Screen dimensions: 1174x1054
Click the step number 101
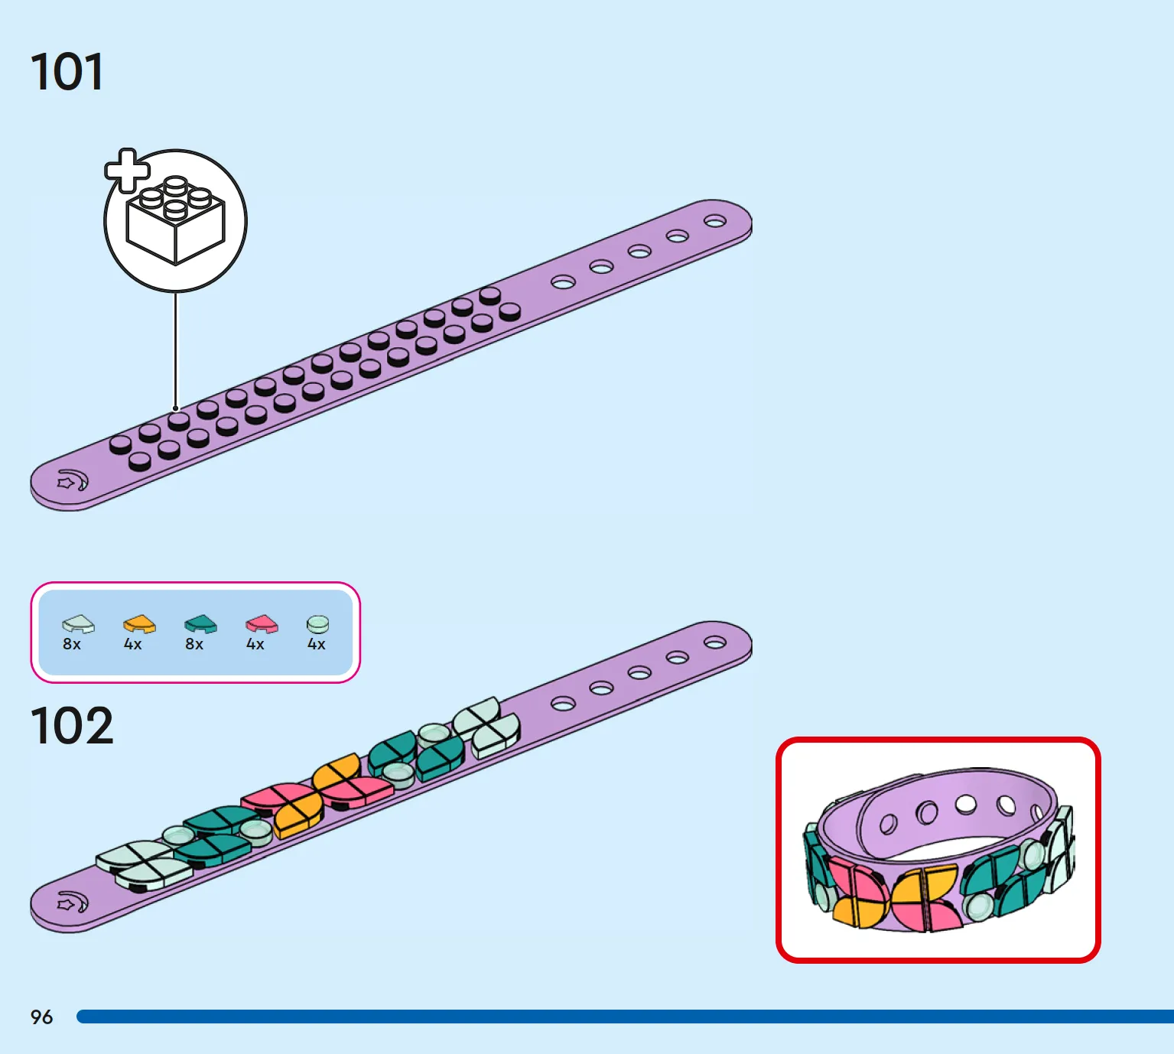pyautogui.click(x=67, y=72)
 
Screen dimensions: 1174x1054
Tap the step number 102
pyautogui.click(x=72, y=725)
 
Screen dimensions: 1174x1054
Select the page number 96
pyautogui.click(x=42, y=1017)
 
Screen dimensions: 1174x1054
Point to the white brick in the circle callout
pyautogui.click(x=176, y=221)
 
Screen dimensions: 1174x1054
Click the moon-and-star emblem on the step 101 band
pyautogui.click(x=73, y=480)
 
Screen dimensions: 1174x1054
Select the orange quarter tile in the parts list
pyautogui.click(x=140, y=624)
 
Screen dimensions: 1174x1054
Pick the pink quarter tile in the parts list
pyautogui.click(x=262, y=624)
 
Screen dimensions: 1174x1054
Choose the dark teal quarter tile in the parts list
pyautogui.click(x=200, y=624)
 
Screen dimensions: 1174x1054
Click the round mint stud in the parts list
pyautogui.click(x=317, y=624)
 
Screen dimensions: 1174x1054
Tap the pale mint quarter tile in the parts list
pyautogui.click(x=78, y=624)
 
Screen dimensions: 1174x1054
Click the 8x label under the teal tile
pyautogui.click(x=194, y=644)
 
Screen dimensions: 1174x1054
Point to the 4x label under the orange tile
pyautogui.click(x=133, y=644)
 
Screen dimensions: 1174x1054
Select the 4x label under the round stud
pyautogui.click(x=317, y=644)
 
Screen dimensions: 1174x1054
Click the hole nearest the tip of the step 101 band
pyautogui.click(x=715, y=221)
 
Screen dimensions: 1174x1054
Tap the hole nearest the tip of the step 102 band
pyautogui.click(x=715, y=642)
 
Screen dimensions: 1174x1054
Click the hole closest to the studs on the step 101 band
pyautogui.click(x=563, y=282)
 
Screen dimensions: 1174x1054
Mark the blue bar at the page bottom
pyautogui.click(x=626, y=1017)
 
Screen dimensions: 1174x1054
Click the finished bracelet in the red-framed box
pyautogui.click(x=938, y=850)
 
